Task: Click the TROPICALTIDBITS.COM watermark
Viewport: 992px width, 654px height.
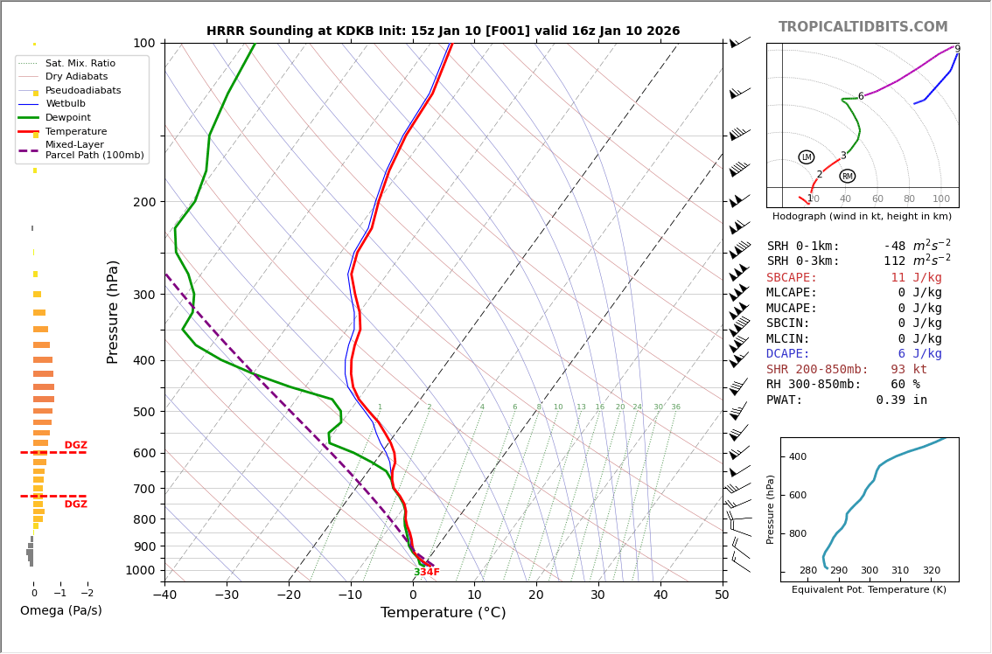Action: coord(863,27)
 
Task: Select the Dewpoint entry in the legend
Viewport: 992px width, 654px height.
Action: coord(68,117)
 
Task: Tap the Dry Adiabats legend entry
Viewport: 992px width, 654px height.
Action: coord(76,77)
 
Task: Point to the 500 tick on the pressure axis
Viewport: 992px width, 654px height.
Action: coord(144,412)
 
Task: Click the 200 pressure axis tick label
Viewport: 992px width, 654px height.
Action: coord(144,202)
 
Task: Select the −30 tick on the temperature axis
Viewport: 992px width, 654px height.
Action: coord(227,595)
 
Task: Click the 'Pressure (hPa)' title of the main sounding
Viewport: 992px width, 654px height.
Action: coord(113,311)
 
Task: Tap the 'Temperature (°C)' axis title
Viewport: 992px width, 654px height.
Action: coord(443,613)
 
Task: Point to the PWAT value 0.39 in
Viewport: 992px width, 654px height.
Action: coord(901,400)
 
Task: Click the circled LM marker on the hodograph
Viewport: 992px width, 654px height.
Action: coord(806,157)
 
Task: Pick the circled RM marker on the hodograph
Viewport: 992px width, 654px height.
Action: coord(847,177)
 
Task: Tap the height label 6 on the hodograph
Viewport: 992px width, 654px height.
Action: coord(861,97)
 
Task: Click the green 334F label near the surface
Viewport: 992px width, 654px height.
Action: coord(427,573)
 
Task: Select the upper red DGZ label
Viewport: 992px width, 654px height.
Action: coord(76,446)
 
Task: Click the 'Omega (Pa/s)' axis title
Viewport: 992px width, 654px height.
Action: coord(60,611)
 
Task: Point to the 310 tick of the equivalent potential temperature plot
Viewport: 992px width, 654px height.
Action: coord(900,571)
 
